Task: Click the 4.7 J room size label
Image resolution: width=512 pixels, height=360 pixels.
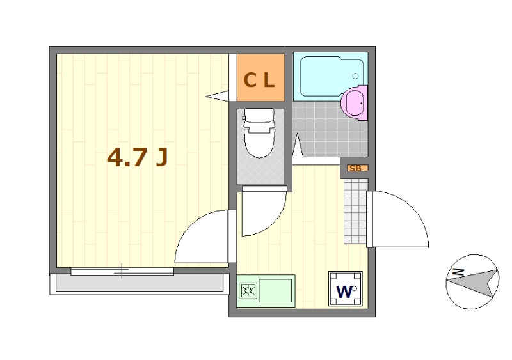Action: pos(138,157)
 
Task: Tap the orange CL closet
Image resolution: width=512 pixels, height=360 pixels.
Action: pos(261,77)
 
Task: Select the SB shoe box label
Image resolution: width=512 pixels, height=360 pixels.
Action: pos(358,168)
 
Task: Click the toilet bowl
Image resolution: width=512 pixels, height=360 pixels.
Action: pos(259,134)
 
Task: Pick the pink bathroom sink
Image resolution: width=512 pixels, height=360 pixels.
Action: pos(355,103)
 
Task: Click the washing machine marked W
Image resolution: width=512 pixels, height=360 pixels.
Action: pos(346,289)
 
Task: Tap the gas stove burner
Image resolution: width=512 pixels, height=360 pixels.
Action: pos(248,290)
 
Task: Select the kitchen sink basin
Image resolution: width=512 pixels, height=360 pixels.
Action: pos(276,290)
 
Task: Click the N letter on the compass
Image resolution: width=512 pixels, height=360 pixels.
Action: pos(459,272)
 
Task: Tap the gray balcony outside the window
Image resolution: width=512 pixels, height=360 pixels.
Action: pos(140,283)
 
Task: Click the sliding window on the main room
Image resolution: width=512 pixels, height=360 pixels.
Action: pos(122,271)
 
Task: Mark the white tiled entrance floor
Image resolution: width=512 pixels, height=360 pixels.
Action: pos(355,211)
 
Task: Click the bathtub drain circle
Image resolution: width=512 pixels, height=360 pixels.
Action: pos(355,76)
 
